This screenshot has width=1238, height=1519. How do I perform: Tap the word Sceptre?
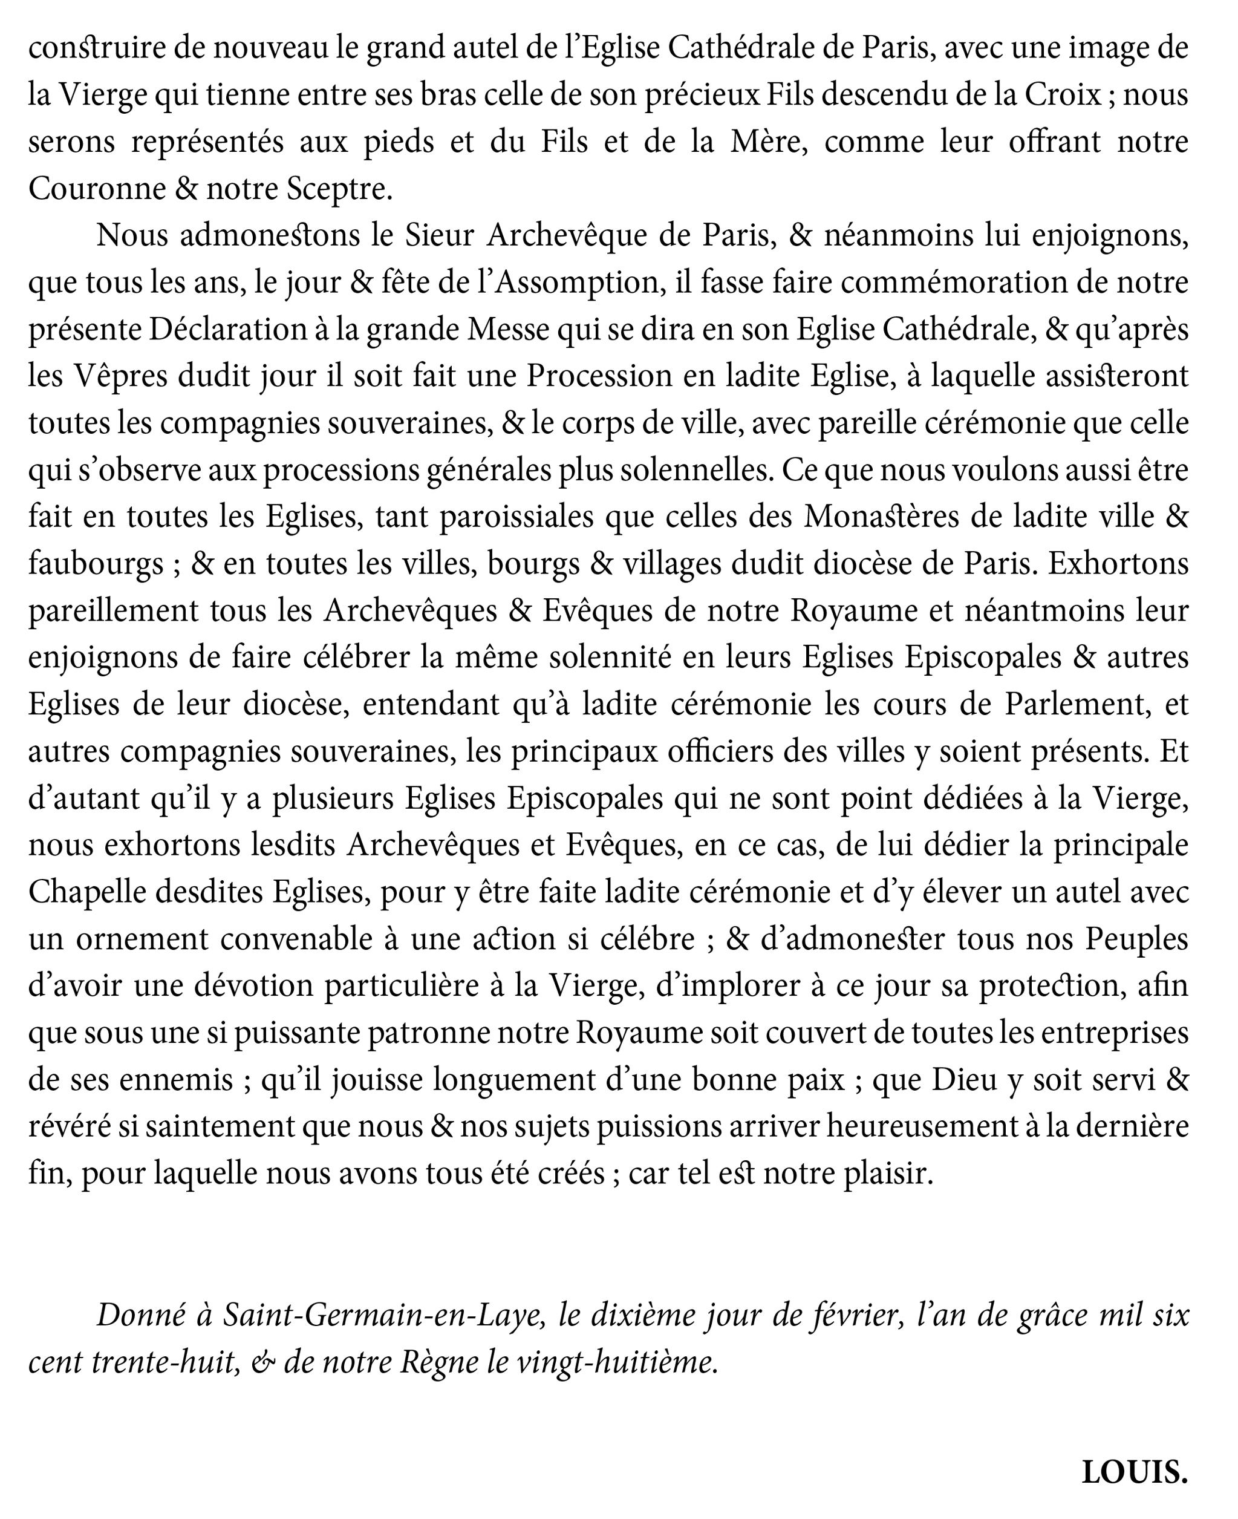tap(338, 189)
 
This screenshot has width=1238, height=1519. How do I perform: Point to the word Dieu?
tap(963, 1081)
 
